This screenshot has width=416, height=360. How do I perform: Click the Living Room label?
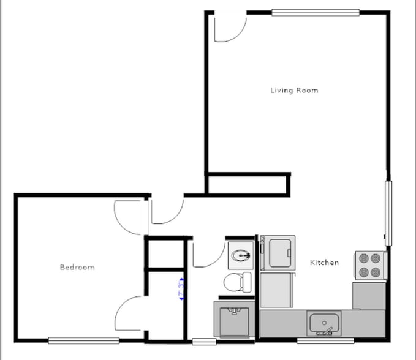pos(294,91)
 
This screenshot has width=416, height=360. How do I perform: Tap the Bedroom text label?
pos(77,267)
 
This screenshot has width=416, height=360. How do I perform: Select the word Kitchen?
pos(324,263)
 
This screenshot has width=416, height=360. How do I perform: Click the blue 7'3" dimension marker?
pos(181,288)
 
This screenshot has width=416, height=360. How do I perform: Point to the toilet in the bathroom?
pos(237,283)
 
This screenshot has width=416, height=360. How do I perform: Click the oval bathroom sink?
pos(241,253)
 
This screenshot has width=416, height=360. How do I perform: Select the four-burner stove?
pos(369,266)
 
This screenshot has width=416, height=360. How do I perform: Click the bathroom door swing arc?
pos(208,253)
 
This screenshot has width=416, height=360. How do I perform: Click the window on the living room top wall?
pos(316,12)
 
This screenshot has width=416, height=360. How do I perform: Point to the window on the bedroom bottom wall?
pos(83,340)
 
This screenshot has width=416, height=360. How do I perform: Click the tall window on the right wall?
pos(387,212)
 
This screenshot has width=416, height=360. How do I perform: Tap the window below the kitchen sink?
pos(325,340)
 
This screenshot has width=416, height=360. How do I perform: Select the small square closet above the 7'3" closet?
pos(166,253)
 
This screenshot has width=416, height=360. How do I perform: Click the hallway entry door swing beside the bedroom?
pos(165,211)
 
